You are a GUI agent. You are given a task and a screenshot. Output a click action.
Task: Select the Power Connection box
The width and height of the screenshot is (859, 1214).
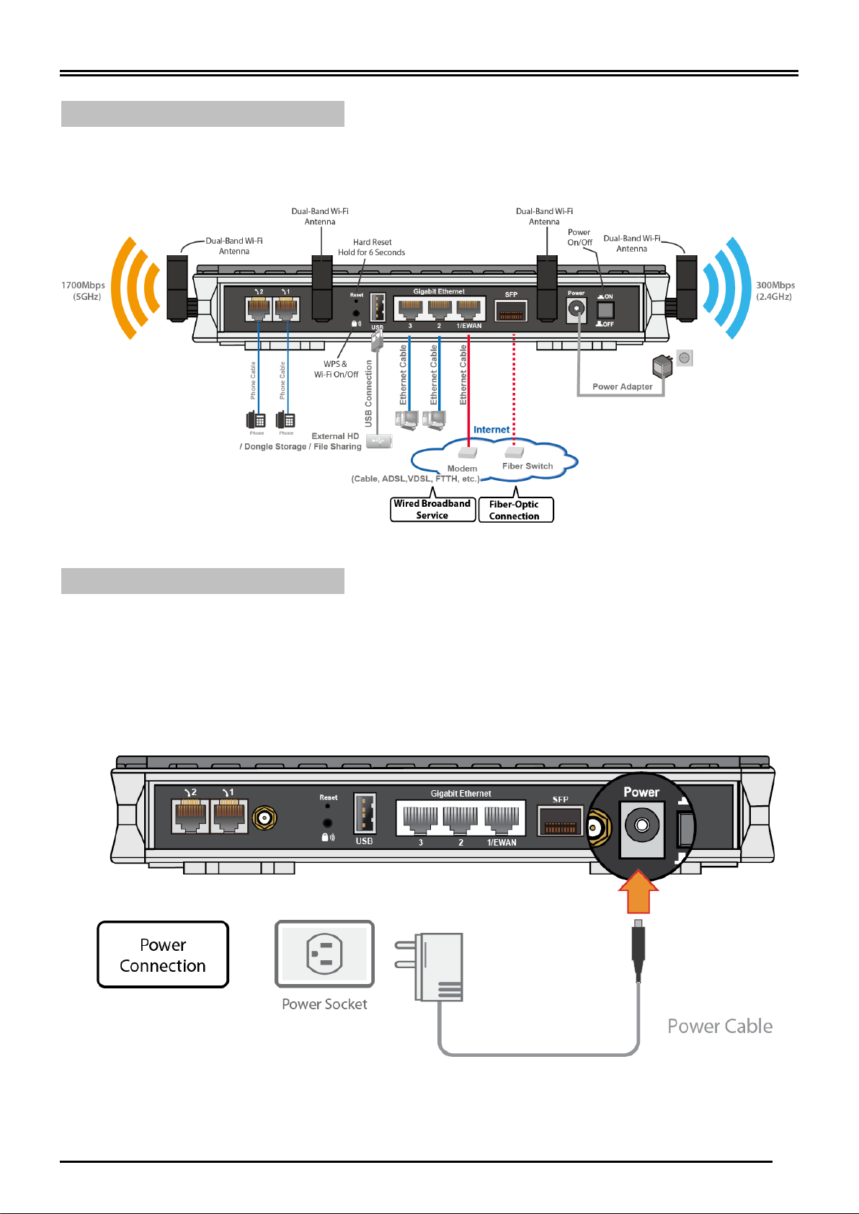point(163,954)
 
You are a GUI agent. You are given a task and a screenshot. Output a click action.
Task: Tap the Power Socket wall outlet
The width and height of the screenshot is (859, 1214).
point(324,954)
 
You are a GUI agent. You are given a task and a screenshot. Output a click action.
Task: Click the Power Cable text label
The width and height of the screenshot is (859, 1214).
point(719,1026)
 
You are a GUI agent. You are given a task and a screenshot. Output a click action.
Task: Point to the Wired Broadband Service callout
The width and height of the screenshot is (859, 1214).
point(432,509)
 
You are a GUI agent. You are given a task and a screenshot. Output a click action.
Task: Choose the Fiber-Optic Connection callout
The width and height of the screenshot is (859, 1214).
point(515,510)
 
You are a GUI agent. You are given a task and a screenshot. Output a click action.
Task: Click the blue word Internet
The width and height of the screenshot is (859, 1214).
point(491,430)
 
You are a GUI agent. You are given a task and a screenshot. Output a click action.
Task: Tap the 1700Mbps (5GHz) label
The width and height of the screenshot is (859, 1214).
point(83,291)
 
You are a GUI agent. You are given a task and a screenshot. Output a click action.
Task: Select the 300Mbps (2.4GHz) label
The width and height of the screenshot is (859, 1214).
point(775,291)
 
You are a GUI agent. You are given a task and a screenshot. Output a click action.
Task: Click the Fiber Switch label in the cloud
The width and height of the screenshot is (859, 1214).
point(528,466)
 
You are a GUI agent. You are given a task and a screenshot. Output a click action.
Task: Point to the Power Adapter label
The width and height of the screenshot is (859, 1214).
point(622,386)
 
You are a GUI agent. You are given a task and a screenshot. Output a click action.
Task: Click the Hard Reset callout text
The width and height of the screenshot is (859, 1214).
point(372,247)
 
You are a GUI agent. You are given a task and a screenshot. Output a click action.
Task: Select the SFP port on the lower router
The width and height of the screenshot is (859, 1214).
point(560,820)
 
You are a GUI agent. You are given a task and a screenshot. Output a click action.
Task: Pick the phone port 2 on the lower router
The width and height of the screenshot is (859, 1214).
point(190,817)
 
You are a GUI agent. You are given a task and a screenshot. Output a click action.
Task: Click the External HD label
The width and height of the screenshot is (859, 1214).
point(335,436)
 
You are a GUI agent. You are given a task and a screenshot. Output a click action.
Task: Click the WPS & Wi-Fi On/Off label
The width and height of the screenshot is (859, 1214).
point(336,369)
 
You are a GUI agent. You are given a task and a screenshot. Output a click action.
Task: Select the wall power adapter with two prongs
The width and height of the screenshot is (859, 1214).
point(437,966)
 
